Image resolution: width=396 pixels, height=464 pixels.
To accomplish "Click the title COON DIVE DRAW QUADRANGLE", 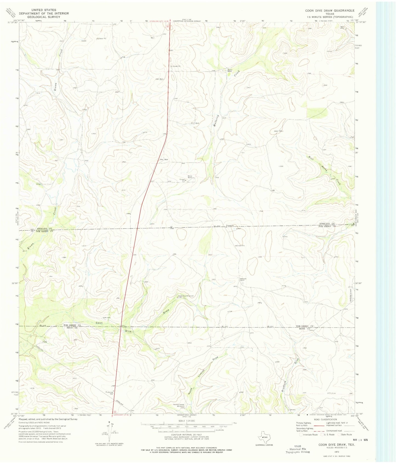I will point(330,10).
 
